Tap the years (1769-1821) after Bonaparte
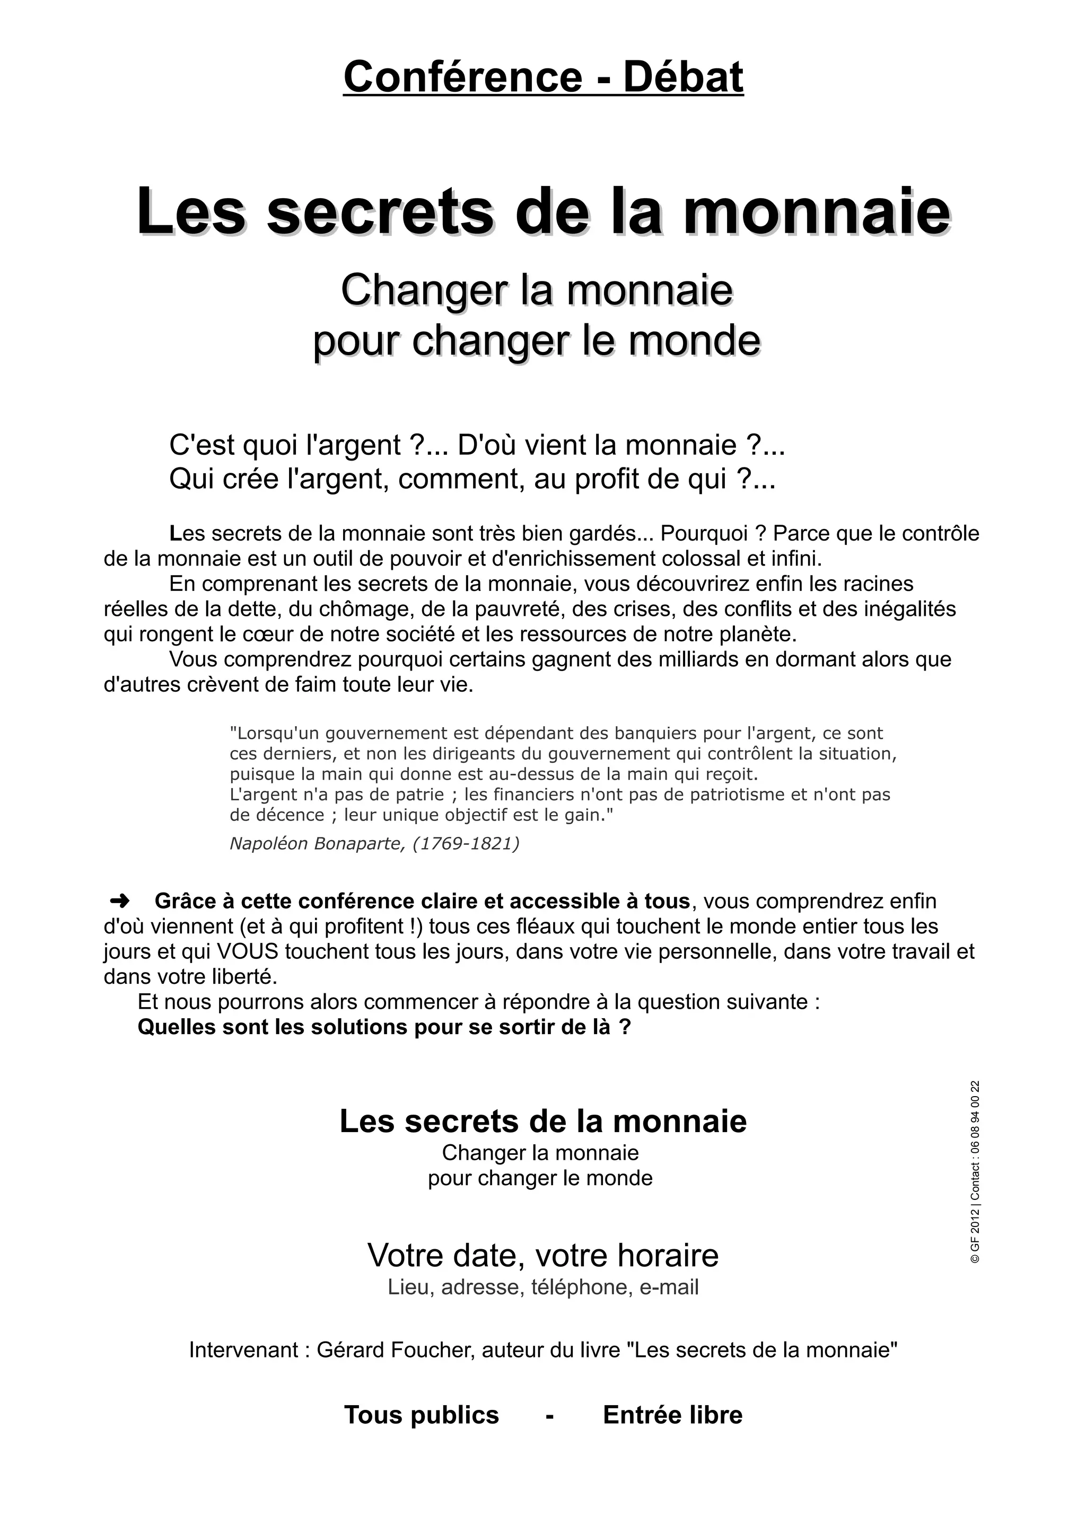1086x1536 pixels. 466,844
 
